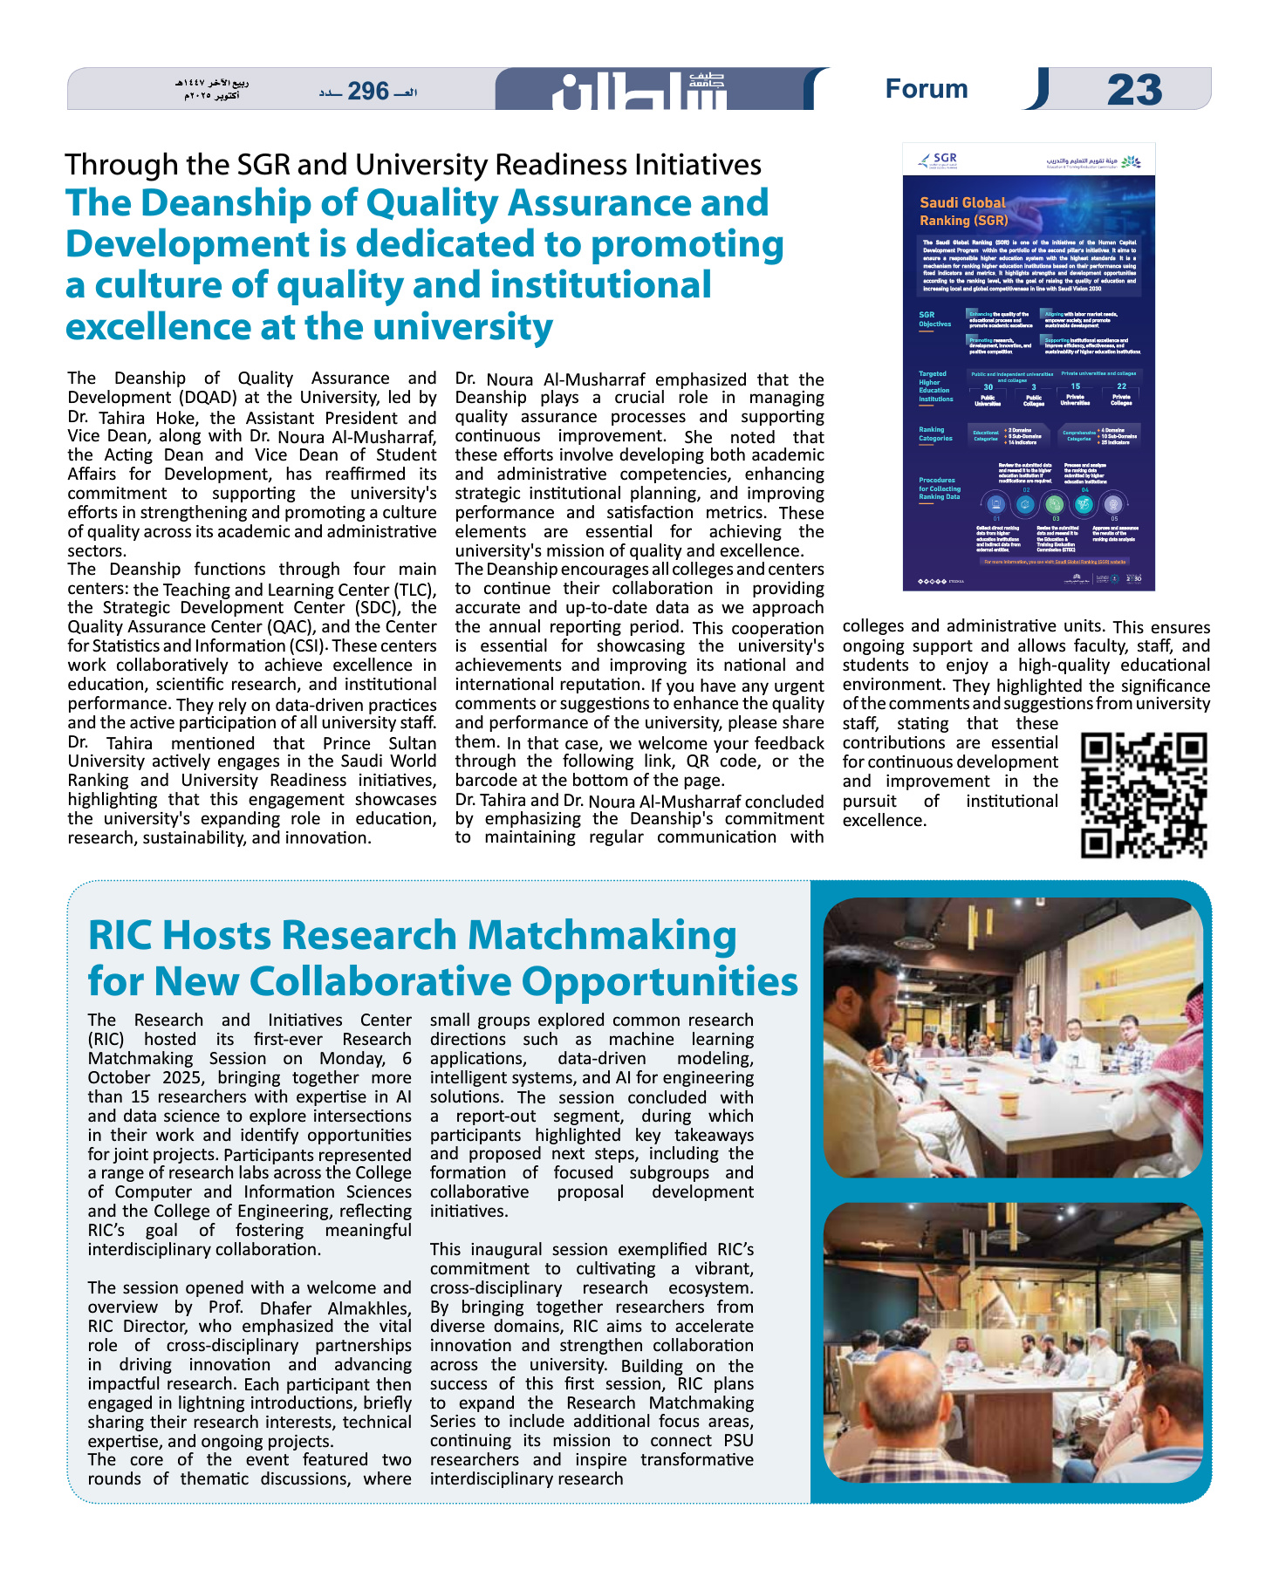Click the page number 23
point(1134,90)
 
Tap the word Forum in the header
point(927,89)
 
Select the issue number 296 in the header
point(368,91)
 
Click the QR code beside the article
point(1143,795)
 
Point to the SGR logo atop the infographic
point(939,160)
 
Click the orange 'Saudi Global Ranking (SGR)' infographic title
point(963,211)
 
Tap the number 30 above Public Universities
point(988,387)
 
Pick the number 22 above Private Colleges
point(1121,386)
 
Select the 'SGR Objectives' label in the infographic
point(934,319)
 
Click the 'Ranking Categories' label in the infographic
point(934,433)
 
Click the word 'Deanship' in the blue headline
point(221,203)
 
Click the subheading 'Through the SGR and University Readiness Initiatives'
point(413,165)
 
